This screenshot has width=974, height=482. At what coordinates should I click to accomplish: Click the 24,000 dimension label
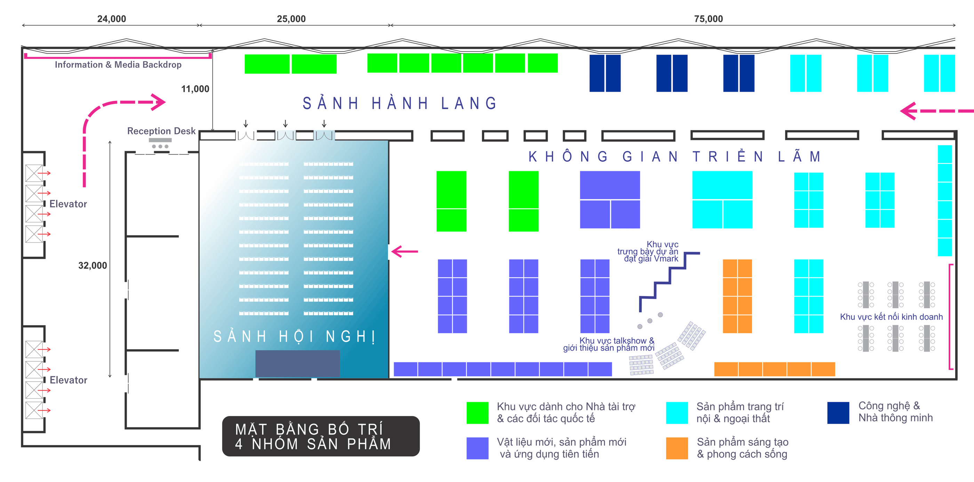click(112, 19)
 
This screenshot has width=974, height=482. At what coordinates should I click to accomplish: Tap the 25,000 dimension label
click(291, 19)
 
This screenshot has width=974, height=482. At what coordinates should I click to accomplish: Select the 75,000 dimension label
click(708, 19)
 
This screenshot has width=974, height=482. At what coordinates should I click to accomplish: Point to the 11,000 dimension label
click(195, 89)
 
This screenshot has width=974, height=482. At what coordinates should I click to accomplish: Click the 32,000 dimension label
click(93, 265)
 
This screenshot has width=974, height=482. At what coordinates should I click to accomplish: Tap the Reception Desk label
click(161, 131)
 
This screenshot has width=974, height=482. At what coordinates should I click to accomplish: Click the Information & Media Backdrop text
click(118, 65)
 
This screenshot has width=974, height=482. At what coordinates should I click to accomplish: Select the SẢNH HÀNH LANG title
click(400, 104)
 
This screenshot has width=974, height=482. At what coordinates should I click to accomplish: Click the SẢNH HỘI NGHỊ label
click(294, 336)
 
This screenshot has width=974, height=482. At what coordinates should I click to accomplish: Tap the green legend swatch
click(477, 412)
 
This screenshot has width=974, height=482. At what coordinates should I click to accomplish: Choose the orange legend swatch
click(677, 448)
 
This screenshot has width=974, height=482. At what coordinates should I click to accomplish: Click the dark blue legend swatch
click(838, 412)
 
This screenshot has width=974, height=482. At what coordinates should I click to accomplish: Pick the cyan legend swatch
click(677, 412)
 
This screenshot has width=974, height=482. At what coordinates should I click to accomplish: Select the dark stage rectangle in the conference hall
click(297, 363)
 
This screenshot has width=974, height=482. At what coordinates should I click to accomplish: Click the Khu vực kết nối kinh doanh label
click(891, 317)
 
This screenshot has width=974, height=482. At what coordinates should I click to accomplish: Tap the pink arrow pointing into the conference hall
click(405, 251)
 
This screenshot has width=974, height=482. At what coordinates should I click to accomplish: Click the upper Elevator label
click(68, 204)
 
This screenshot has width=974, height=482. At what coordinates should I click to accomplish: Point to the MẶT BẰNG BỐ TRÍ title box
click(321, 436)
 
